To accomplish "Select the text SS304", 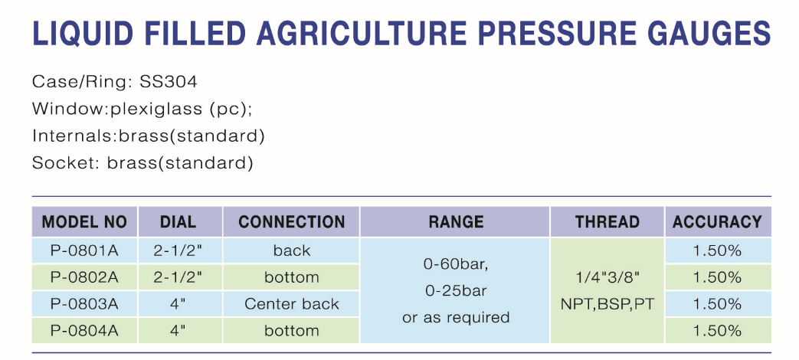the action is [x=169, y=81].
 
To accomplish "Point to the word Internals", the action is [x=73, y=136].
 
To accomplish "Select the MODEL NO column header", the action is [x=84, y=222].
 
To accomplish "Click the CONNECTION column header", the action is [x=291, y=222].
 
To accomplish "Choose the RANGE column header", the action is [x=456, y=222].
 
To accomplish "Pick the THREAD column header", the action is [x=607, y=222].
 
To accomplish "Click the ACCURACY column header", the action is [x=717, y=222].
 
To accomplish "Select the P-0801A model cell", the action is [x=84, y=250].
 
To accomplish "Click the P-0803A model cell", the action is [x=84, y=304].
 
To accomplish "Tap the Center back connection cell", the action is [x=291, y=304].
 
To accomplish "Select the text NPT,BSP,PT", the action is [x=607, y=305].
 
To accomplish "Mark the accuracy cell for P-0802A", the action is [x=717, y=277].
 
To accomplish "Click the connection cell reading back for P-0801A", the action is [x=291, y=250].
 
